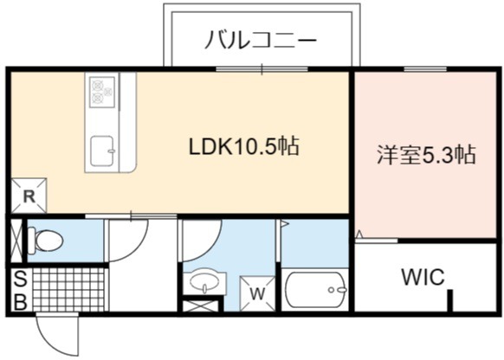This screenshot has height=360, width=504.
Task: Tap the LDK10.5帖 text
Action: click(244, 146)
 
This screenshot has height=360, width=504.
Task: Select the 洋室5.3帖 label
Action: click(426, 155)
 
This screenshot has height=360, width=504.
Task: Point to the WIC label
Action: click(423, 277)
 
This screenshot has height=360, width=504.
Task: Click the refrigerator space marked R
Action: click(29, 196)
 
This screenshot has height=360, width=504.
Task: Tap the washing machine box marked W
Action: click(258, 293)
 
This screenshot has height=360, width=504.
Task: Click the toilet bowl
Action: click(45, 240)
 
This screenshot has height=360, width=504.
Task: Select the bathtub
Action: click(316, 290)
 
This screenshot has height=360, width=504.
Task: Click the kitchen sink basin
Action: click(102, 151)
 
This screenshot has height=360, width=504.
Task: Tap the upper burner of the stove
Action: click(97, 85)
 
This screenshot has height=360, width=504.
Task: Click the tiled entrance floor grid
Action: click(68, 290)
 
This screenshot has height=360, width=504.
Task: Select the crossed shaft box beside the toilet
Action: click(16, 241)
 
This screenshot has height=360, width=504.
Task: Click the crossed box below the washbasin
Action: click(201, 305)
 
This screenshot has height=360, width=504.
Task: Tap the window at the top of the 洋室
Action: click(425, 69)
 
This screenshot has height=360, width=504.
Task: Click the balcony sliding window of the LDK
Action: click(262, 69)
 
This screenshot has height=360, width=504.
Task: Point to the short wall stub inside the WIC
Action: click(450, 300)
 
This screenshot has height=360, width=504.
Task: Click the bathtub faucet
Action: click(337, 290)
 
